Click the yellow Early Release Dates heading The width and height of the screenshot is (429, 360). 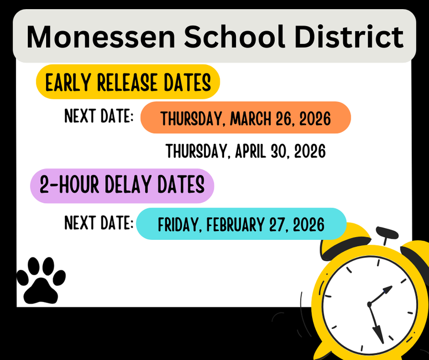tap(128, 83)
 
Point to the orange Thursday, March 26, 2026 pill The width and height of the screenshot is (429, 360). tap(246, 117)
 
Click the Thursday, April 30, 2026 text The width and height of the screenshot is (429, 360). tap(246, 151)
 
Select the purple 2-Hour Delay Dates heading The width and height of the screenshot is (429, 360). tap(122, 185)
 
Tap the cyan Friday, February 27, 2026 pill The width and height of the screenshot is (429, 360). tap(241, 224)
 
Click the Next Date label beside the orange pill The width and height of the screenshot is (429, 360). tap(99, 116)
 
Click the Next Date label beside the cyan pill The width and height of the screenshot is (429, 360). tap(99, 222)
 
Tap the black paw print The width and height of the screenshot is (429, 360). tap(41, 279)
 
